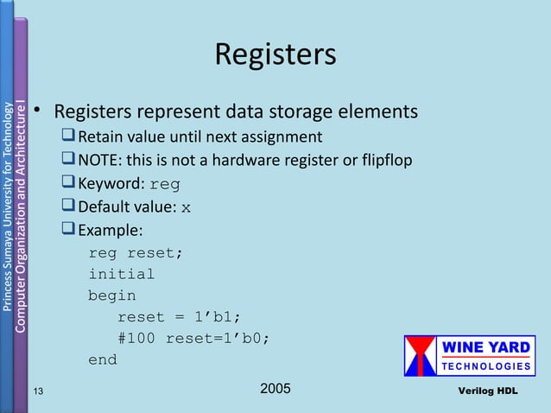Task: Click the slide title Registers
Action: click(x=275, y=54)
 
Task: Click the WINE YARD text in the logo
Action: click(x=487, y=348)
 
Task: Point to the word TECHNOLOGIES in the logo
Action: click(x=487, y=366)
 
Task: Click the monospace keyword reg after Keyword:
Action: click(x=165, y=184)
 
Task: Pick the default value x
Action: click(x=187, y=207)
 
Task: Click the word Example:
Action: click(x=111, y=230)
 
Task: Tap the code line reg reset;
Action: click(x=136, y=253)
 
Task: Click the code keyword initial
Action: click(x=121, y=275)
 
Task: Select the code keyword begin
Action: click(x=111, y=295)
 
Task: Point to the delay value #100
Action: click(x=136, y=338)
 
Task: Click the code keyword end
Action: click(x=102, y=359)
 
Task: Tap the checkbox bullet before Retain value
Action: click(x=68, y=137)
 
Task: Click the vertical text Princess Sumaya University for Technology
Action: click(x=8, y=207)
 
